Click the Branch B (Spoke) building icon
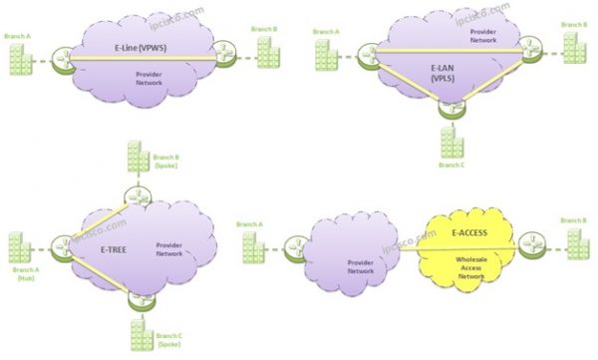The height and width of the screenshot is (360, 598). (x=137, y=159)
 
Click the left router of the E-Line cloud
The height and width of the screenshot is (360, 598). (x=67, y=57)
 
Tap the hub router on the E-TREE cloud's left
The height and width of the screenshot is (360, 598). (x=62, y=242)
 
